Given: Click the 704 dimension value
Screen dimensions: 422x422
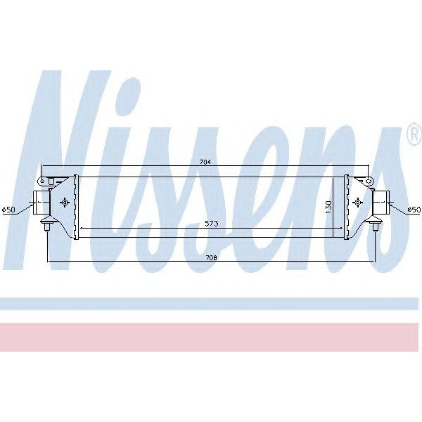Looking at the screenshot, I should tap(205, 162).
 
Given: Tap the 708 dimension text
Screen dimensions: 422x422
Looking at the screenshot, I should tap(211, 259).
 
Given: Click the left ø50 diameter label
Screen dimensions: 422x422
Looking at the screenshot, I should tap(9, 210).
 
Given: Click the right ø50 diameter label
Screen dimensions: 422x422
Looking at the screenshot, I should tap(414, 209).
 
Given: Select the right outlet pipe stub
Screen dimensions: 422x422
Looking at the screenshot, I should tap(381, 203).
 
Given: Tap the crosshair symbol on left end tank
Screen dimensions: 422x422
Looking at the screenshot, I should tap(65, 203).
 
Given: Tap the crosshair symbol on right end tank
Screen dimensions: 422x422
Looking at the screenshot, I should tap(357, 203).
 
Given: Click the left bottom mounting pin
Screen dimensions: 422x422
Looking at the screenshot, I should tap(48, 226).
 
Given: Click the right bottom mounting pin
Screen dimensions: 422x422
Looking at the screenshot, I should tap(374, 226).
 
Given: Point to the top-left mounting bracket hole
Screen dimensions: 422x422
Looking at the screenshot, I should tap(42, 181).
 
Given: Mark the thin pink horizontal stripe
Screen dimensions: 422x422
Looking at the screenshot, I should tap(211, 336).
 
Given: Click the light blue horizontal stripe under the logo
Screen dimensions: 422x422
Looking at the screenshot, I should tap(211, 303).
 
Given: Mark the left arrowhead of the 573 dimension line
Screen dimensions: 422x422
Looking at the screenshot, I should tap(82, 229).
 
